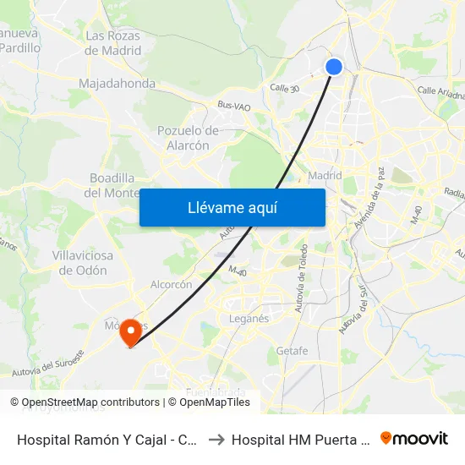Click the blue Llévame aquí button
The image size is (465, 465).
point(232,207)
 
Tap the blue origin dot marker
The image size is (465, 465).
point(334,67)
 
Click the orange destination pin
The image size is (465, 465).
point(130,331)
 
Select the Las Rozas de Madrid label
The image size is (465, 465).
point(113,43)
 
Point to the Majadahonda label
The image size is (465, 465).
point(117,84)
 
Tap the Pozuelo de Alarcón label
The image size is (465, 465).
point(189,138)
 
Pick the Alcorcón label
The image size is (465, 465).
point(172,285)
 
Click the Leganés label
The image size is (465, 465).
point(249,319)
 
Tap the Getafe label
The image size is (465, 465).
point(292,350)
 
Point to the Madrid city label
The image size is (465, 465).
point(325,176)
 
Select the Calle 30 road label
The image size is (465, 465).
point(285,87)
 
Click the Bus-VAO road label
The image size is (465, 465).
point(233,105)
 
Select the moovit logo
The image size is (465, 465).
point(414,439)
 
